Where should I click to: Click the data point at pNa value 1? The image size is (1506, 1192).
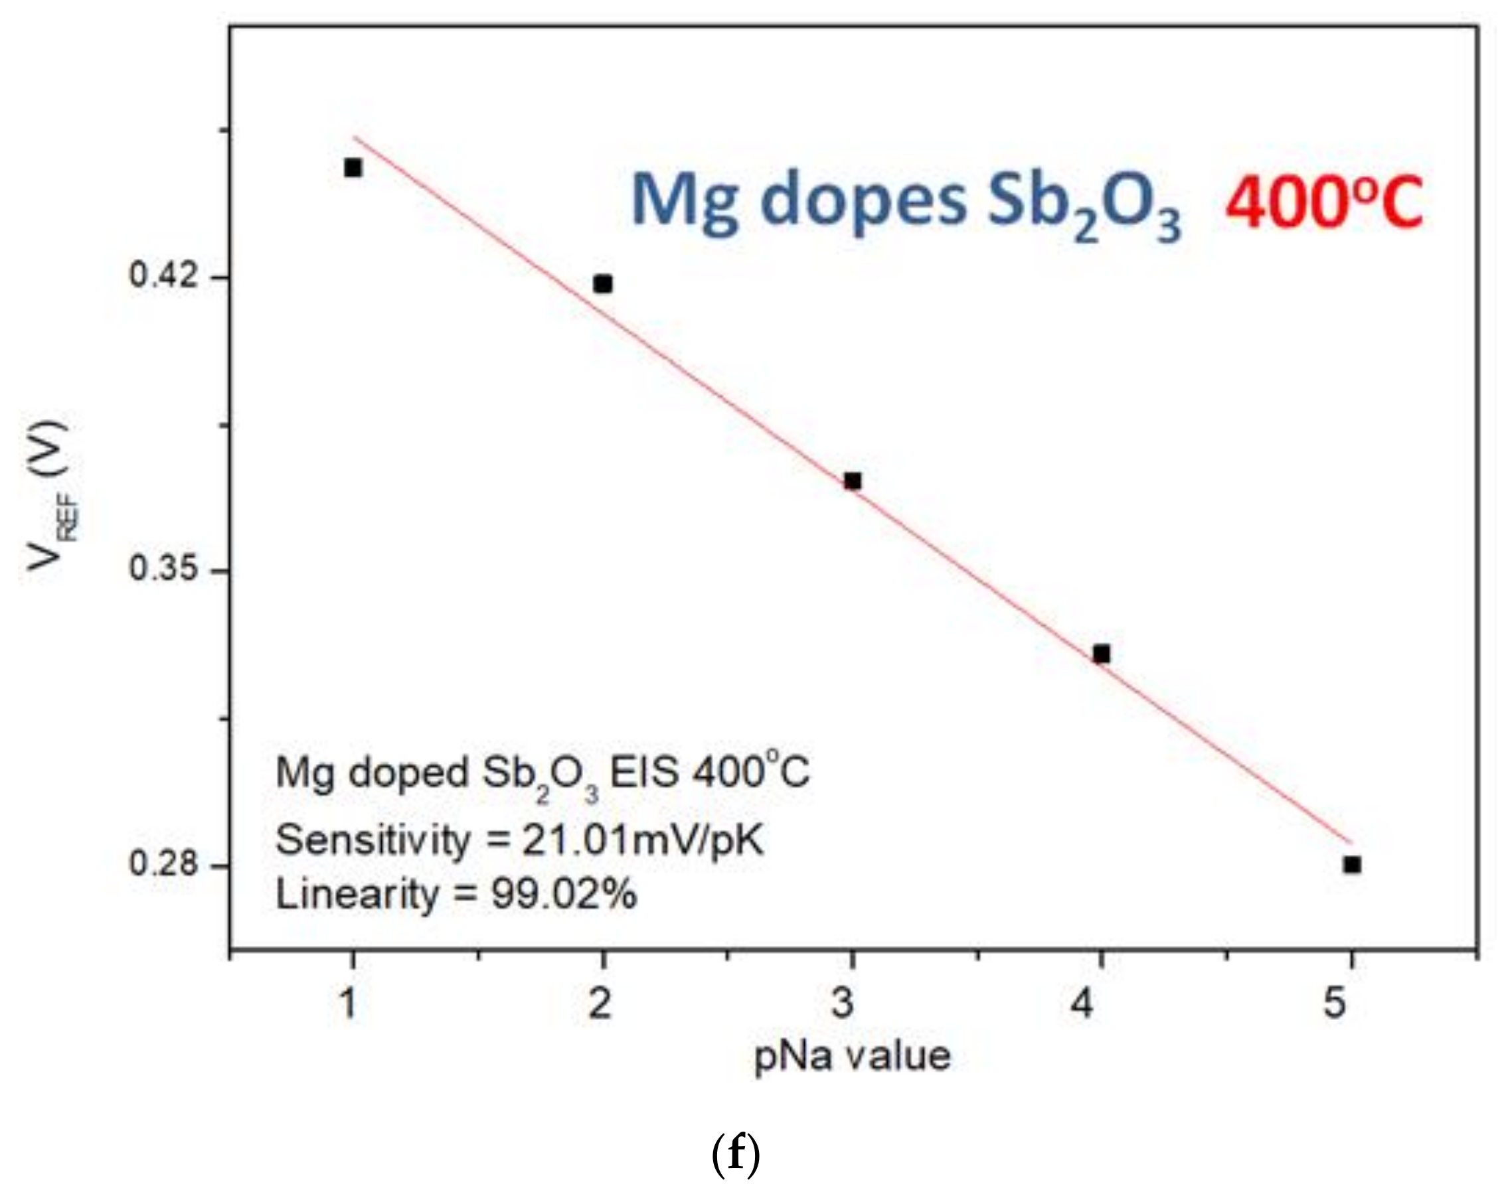click(353, 167)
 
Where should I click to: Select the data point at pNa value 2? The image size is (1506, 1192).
click(603, 284)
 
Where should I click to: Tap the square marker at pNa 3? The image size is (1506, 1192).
click(853, 481)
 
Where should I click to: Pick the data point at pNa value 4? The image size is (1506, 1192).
click(1102, 654)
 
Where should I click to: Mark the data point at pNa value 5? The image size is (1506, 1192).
click(1352, 865)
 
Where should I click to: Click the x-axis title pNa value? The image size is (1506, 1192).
click(853, 1056)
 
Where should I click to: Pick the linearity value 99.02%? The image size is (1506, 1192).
click(564, 894)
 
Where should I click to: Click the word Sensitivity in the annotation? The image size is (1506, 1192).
click(374, 840)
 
